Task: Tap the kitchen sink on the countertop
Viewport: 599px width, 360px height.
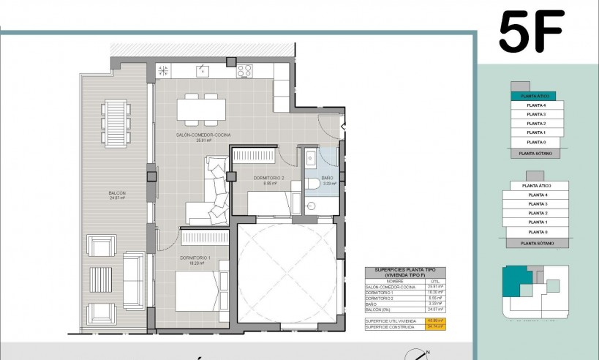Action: click(200, 71)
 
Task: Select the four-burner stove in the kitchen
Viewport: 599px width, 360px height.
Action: click(244, 71)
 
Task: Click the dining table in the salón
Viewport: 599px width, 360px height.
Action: click(202, 109)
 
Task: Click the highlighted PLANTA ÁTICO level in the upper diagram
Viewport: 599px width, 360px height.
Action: click(533, 96)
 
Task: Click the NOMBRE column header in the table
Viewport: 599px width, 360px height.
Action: click(395, 280)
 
